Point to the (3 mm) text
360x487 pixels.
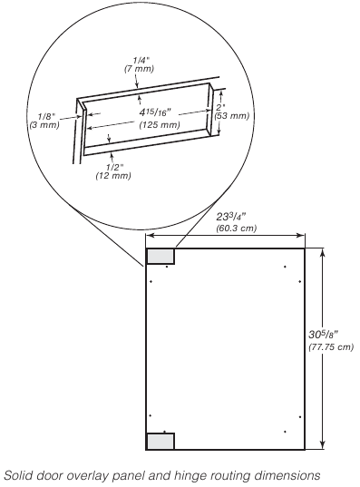44,125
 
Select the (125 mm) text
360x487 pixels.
147,124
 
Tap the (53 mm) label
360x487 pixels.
232,116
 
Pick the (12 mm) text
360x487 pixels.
112,175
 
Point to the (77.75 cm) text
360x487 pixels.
331,347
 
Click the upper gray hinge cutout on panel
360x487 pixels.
161,256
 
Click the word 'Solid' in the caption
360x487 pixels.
19,474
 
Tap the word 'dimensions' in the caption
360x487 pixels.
289,474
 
